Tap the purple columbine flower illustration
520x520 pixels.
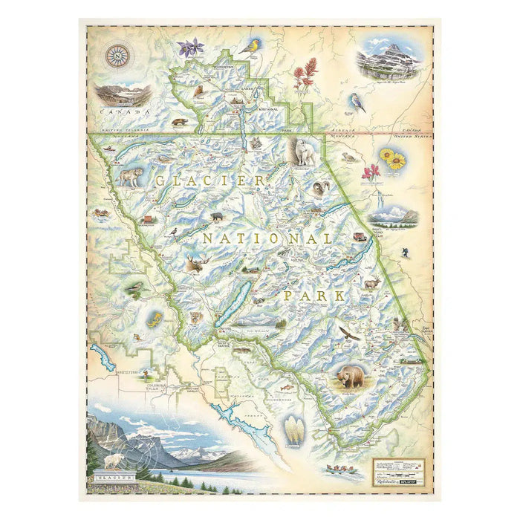coord(191,48)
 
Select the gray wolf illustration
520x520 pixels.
coord(131,177)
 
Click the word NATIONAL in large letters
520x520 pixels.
coord(267,238)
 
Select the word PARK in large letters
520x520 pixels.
coord(314,296)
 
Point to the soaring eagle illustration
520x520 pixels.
coord(348,334)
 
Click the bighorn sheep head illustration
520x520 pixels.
coord(322,189)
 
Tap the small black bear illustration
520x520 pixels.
coord(217,218)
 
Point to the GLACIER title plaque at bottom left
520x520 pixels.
coord(111,476)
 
